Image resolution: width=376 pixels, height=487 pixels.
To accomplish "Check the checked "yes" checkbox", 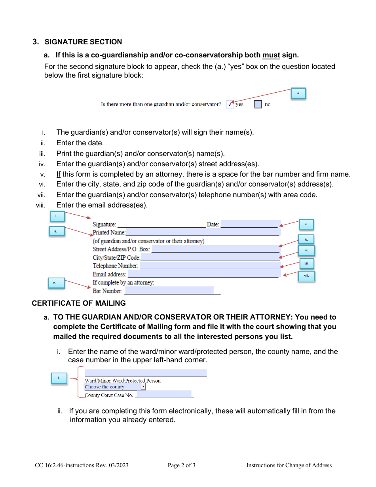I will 230,105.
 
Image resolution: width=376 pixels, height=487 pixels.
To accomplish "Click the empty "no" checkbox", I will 258,105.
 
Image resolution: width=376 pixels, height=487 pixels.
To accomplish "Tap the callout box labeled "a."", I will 298,94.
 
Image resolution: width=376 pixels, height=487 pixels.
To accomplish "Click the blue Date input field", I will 250,224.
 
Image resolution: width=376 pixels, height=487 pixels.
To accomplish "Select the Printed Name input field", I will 203,232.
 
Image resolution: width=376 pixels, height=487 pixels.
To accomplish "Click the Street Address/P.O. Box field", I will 216,249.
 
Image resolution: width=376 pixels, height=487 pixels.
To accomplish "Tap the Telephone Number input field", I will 210,266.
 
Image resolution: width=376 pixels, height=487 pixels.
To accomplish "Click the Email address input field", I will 204,274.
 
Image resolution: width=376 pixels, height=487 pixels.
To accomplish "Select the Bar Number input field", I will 169,291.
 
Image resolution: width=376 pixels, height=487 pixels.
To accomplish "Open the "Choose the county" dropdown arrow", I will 143,387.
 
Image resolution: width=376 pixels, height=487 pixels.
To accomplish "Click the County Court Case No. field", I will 163,395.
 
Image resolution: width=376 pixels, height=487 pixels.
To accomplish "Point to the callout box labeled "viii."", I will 306,276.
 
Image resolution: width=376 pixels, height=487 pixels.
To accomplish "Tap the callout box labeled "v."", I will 56,283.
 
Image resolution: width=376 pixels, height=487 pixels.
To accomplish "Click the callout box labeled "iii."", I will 57,232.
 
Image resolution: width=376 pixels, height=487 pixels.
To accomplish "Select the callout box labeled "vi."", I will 306,251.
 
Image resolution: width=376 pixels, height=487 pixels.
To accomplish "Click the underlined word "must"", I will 271,55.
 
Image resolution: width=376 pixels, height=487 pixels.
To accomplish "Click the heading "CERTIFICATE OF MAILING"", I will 79,303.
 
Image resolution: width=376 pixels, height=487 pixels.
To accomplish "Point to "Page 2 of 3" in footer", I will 182,465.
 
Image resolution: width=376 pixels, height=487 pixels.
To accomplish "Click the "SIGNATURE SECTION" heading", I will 83,42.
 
